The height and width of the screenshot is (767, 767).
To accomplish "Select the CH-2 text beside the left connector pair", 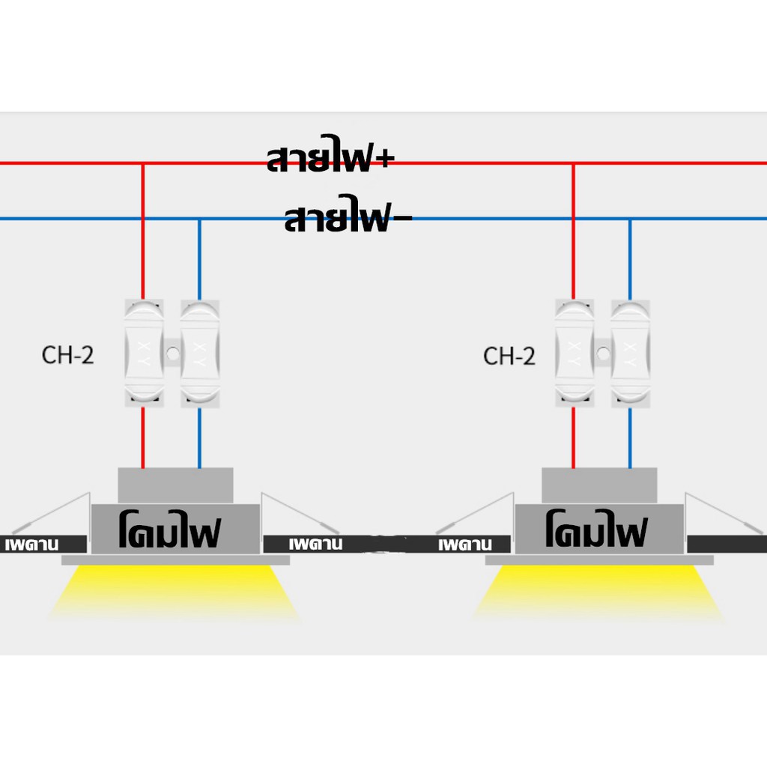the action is coord(67,355).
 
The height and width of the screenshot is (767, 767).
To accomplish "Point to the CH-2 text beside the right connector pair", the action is coord(509,356).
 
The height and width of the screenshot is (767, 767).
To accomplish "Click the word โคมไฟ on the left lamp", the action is coord(170,530).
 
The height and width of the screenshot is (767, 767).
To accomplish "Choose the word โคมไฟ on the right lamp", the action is coord(596,529).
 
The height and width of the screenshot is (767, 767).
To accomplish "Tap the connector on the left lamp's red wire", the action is coord(144,354).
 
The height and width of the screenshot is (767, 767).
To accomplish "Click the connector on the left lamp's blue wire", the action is coord(199,354).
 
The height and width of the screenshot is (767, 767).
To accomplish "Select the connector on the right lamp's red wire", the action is coord(575,354).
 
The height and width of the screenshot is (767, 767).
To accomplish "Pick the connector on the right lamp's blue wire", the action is coord(631,354).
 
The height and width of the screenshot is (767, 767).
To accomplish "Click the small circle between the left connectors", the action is coord(172,354).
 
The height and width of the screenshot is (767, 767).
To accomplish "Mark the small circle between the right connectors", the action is coord(603,354).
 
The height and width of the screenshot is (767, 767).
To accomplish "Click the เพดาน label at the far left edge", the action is coord(31,545).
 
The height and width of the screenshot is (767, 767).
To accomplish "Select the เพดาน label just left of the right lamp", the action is coord(464,545).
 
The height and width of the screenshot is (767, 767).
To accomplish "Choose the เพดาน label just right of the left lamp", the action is coord(315,544).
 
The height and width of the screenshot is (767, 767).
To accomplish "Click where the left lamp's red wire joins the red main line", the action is coord(143,163).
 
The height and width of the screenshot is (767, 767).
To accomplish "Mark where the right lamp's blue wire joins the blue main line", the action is coord(630,219).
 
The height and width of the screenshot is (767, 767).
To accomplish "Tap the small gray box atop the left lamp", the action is coord(175,485).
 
